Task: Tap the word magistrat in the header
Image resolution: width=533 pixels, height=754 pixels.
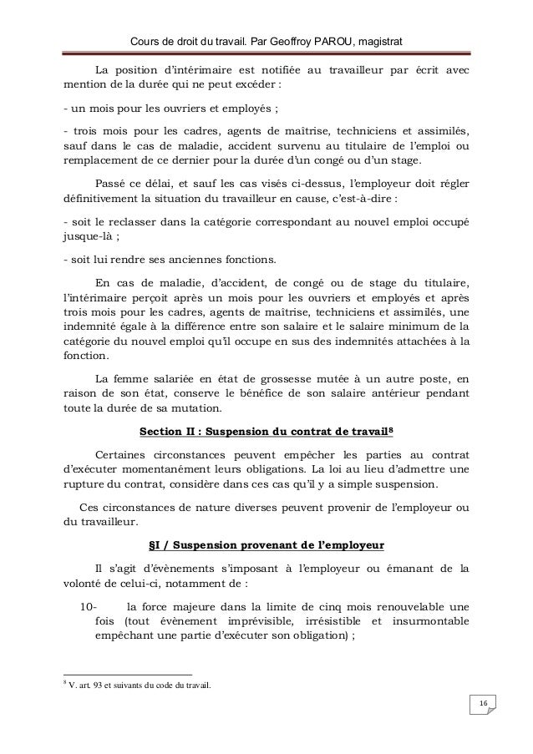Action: [373, 43]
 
